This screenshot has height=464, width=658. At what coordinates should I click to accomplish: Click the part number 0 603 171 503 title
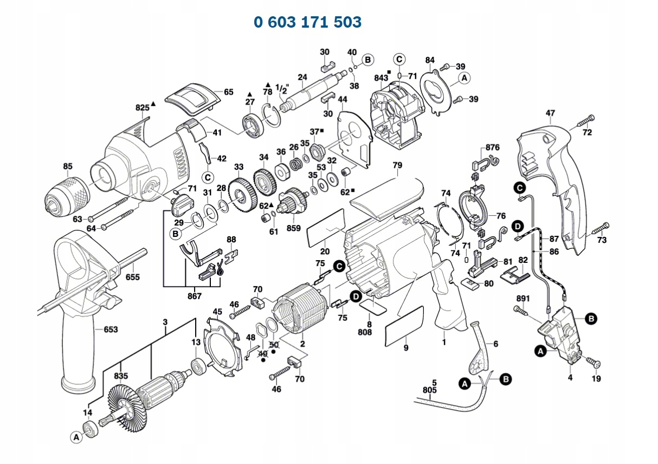tap(307, 22)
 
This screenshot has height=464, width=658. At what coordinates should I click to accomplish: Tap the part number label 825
tap(142, 108)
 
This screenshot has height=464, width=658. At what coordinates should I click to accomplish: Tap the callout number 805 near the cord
tap(429, 389)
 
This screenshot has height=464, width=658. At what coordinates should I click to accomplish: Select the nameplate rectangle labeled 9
tap(404, 325)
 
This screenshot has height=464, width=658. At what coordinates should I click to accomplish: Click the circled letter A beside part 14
tap(76, 436)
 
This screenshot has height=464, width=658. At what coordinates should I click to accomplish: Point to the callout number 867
tap(194, 296)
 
